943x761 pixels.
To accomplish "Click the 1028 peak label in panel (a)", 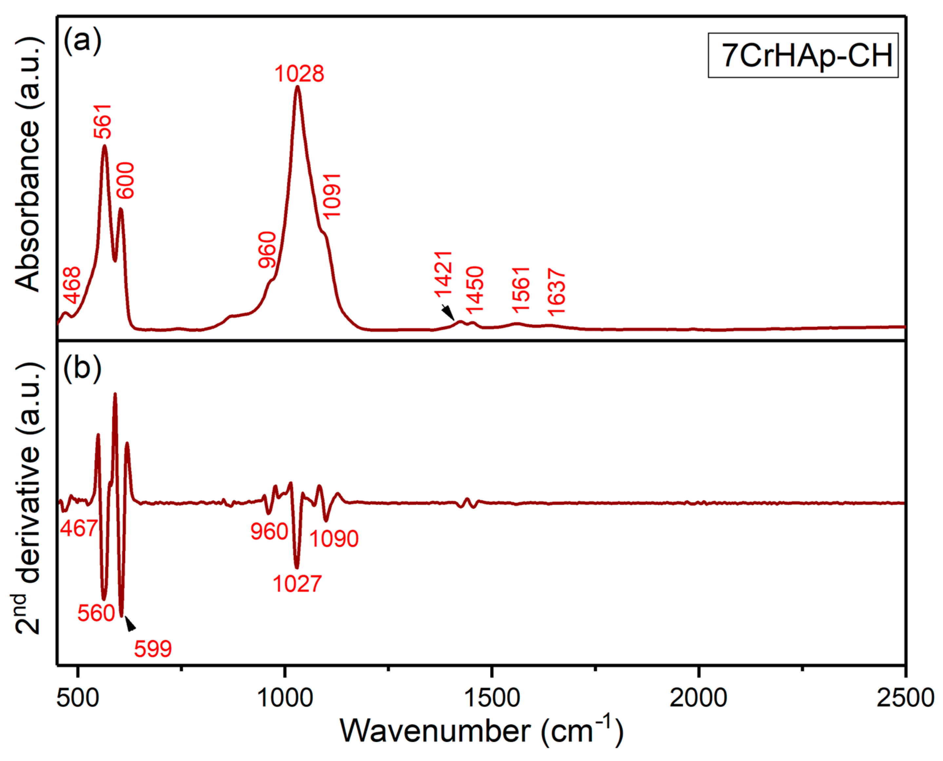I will point(299,74).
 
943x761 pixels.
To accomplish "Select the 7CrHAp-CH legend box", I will point(803,56).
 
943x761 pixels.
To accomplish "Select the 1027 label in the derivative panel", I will point(297,584).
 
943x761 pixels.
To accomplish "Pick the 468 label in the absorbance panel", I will point(72,285).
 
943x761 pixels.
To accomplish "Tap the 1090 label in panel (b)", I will point(334,538).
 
